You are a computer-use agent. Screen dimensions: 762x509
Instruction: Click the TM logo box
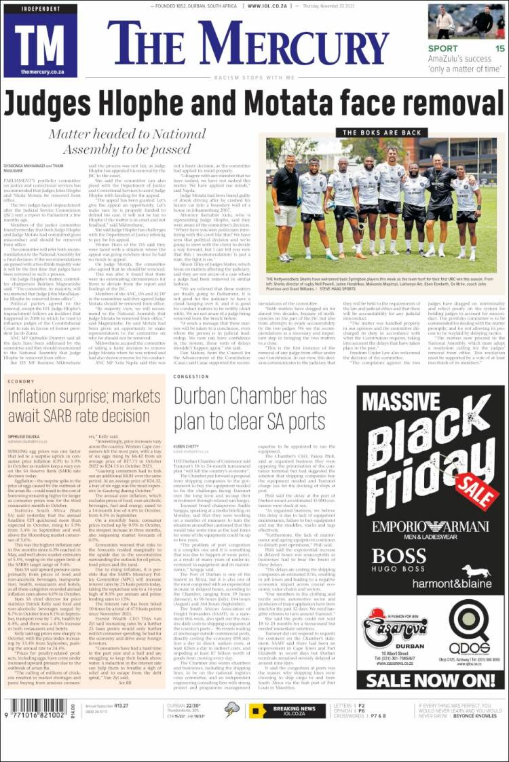(40, 41)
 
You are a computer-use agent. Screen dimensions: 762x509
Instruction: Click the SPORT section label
(443, 49)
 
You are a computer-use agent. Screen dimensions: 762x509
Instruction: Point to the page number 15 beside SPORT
(499, 49)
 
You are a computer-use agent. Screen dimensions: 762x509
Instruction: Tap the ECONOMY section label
(21, 382)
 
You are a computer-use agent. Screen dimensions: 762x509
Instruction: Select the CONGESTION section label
(191, 376)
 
